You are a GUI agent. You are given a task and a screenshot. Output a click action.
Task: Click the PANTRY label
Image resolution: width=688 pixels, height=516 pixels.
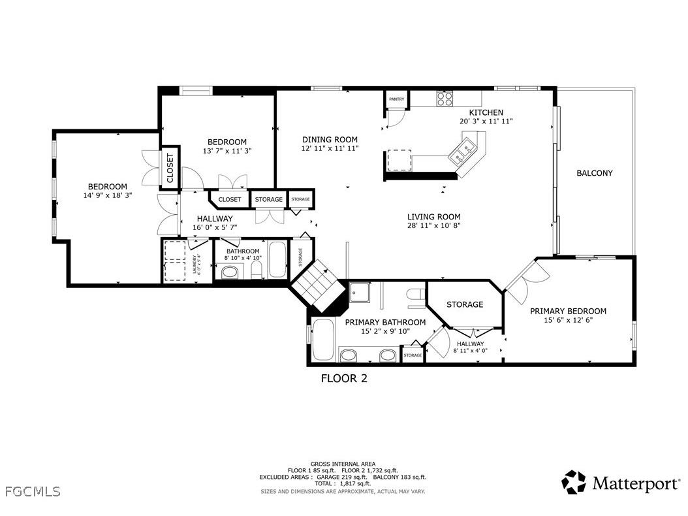click(396, 99)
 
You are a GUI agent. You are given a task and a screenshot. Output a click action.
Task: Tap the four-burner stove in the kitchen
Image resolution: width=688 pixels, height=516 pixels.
click(445, 99)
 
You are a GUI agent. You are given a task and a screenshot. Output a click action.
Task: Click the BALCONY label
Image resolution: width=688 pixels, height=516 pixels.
click(594, 173)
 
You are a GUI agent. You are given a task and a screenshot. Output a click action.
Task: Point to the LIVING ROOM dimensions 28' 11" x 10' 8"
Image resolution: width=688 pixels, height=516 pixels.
click(433, 227)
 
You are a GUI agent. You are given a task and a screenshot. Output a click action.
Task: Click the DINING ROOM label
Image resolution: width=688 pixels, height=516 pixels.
click(330, 139)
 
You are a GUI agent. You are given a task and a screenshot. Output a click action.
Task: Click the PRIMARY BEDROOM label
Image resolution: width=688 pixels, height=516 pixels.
click(567, 311)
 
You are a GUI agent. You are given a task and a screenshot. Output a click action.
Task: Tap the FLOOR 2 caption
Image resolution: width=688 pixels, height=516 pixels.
click(343, 378)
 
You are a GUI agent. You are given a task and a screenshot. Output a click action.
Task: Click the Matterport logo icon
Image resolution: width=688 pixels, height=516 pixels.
click(574, 482)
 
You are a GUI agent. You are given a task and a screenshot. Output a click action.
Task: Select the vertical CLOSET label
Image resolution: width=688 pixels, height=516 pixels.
click(170, 168)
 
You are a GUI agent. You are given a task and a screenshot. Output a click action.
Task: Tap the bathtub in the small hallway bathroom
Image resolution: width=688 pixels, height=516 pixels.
click(277, 259)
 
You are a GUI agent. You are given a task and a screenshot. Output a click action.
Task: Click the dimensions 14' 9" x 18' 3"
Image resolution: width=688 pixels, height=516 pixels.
click(108, 195)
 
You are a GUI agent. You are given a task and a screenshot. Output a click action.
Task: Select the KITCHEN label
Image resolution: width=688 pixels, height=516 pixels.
click(486, 112)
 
